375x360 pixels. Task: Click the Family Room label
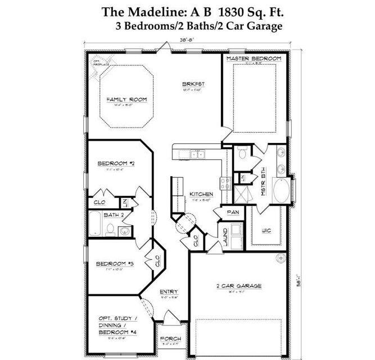coord(126,100)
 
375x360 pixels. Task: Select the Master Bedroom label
coord(253,58)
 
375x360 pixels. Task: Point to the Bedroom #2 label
coord(115,164)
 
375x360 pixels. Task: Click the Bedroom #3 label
coord(114,264)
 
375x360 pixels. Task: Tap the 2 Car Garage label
coord(239,286)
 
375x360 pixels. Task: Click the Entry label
coord(169,291)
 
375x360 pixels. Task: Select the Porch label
coord(170,339)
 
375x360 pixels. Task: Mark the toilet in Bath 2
coord(111,230)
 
